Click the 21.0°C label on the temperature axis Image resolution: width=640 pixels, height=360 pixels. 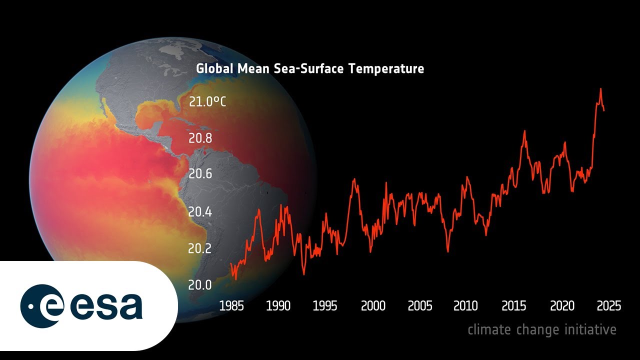click(207, 102)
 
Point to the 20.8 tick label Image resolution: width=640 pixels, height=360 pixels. click(200, 138)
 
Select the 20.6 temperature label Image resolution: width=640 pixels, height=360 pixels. click(200, 174)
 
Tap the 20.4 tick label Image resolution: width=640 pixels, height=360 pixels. click(200, 211)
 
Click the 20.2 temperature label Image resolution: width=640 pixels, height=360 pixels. click(200, 248)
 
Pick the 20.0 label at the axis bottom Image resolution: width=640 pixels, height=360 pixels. click(200, 285)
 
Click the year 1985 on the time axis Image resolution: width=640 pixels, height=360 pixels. click(231, 305)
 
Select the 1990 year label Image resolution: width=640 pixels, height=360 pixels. click(278, 305)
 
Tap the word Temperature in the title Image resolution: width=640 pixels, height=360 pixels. click(386, 68)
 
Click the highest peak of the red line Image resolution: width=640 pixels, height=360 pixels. click(600, 89)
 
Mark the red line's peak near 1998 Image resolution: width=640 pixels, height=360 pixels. click(354, 179)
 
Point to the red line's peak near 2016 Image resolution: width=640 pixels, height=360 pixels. click(524, 131)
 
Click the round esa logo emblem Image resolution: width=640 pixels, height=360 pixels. click(42, 306)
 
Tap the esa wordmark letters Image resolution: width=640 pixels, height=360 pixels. click(106, 306)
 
